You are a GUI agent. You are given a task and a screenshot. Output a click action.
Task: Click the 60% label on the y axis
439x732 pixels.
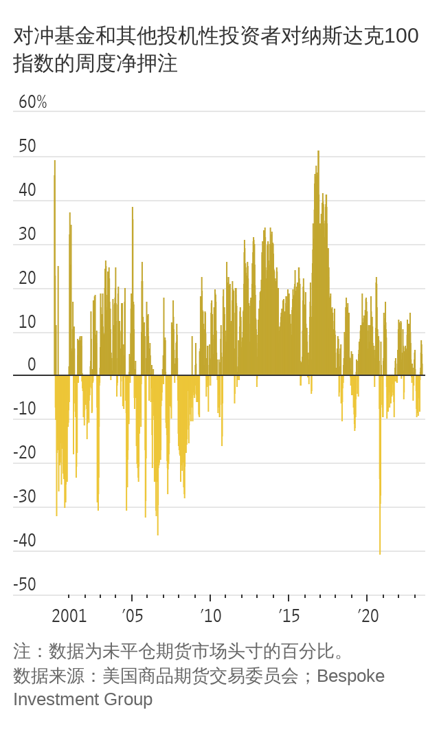(x=32, y=102)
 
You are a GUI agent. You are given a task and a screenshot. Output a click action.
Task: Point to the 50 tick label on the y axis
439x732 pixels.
(x=27, y=146)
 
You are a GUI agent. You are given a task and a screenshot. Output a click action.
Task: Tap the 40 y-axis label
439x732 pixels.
(x=27, y=190)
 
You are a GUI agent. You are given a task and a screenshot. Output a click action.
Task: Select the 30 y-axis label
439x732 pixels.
(x=27, y=234)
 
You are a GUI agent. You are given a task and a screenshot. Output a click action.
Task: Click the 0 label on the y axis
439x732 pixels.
(x=32, y=365)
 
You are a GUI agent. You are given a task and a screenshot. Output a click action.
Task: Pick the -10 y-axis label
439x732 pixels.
(x=25, y=409)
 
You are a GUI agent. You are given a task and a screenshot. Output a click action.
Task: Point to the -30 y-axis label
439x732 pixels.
(x=25, y=497)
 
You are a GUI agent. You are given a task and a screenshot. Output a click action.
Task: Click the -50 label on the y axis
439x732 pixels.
(x=25, y=585)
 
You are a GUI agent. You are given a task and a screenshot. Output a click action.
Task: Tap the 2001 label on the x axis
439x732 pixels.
(x=69, y=615)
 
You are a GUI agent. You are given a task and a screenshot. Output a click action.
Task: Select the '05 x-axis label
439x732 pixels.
(x=133, y=615)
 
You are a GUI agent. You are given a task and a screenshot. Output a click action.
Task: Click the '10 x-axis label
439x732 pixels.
(x=211, y=615)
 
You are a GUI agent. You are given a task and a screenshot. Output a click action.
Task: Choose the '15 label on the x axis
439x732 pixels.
(x=289, y=615)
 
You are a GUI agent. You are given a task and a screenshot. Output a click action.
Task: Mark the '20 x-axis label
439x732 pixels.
(x=368, y=615)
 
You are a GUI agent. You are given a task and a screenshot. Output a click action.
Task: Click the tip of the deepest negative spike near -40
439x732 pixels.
(x=380, y=553)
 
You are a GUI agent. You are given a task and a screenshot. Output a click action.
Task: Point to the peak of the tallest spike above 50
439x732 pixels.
(x=318, y=152)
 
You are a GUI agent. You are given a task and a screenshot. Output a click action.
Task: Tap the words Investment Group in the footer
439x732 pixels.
(x=82, y=700)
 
